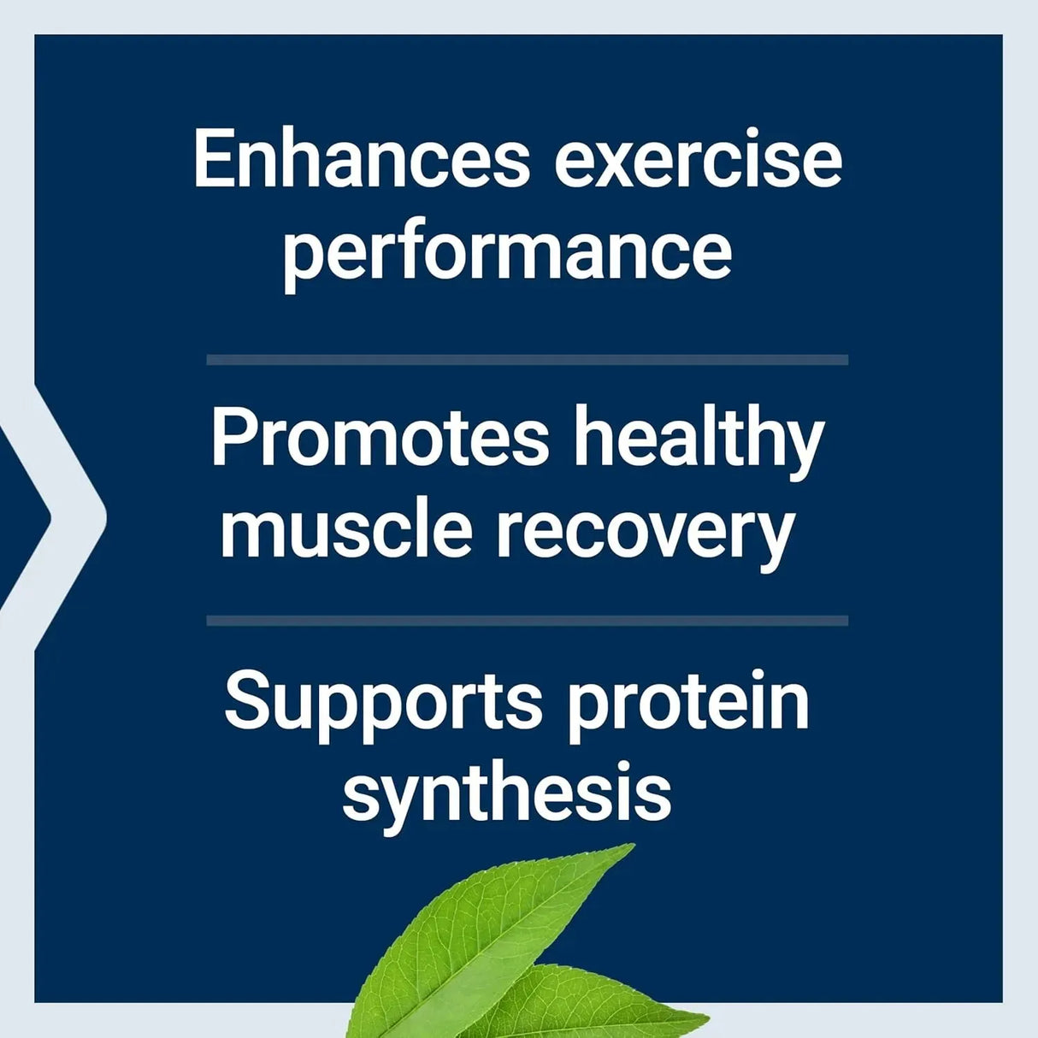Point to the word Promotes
click(380, 438)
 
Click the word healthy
click(698, 438)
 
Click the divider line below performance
click(527, 360)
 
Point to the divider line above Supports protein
click(527, 621)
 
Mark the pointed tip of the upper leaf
click(633, 846)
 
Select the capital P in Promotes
click(232, 438)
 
